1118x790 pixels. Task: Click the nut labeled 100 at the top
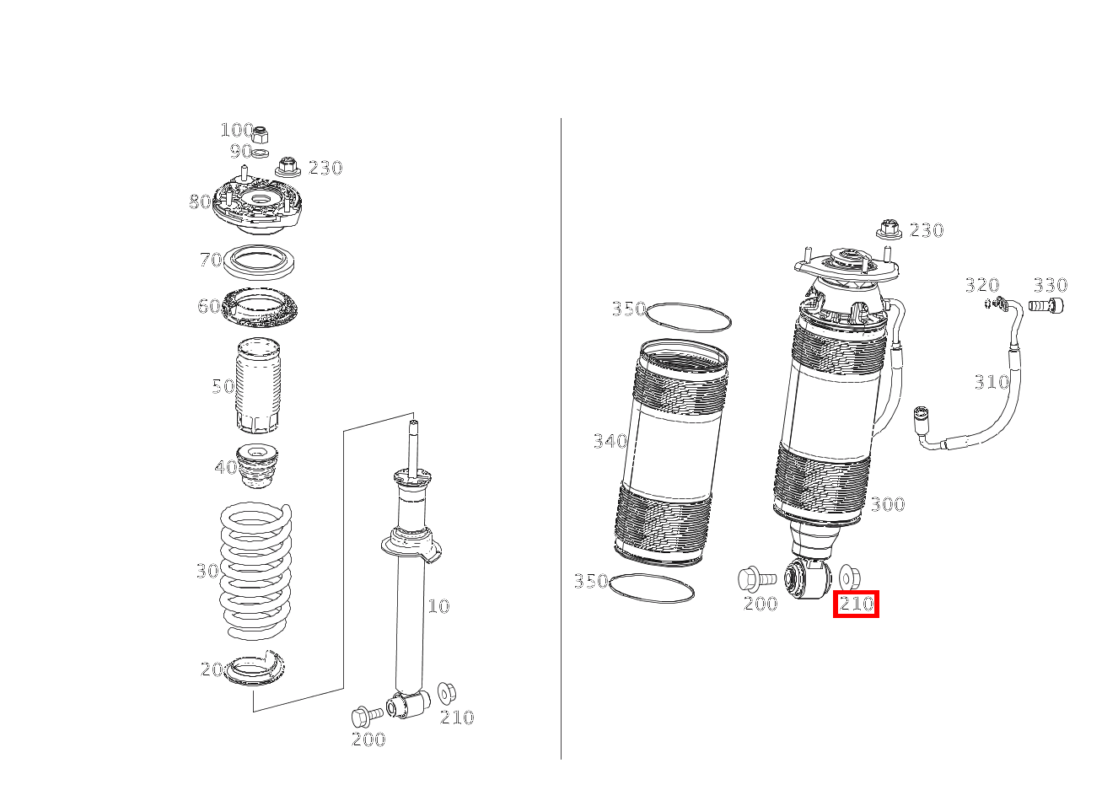[261, 134]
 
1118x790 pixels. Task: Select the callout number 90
[240, 152]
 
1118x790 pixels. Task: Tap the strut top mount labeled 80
[258, 207]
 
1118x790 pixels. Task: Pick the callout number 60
[208, 306]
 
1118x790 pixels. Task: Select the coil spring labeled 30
[256, 569]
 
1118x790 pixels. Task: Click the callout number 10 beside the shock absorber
[438, 606]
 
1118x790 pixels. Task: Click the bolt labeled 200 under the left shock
[365, 716]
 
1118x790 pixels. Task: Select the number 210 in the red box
[856, 604]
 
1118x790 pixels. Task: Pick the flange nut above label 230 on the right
[887, 228]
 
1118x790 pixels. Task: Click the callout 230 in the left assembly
[325, 168]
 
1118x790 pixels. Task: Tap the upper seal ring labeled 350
[688, 317]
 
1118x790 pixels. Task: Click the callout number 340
[610, 441]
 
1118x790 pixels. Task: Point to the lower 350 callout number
[591, 582]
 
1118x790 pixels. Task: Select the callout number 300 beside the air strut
[887, 504]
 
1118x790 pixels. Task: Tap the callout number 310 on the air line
[992, 383]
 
